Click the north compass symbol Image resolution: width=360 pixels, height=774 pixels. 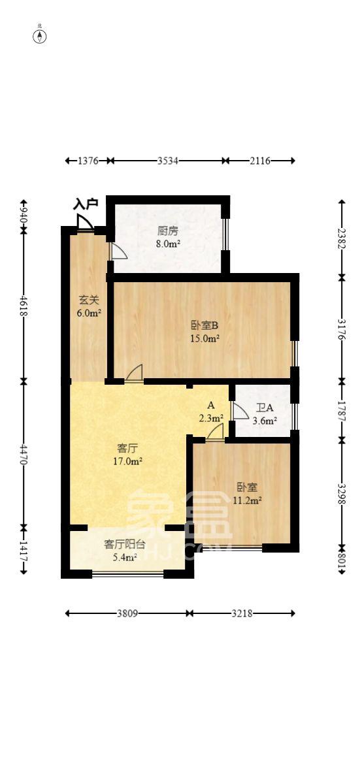(41, 35)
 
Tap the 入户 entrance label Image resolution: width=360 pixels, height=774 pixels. (86, 204)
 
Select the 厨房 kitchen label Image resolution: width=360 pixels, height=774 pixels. (168, 231)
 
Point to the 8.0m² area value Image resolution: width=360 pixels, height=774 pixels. (168, 244)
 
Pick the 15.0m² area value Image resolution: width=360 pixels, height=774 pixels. (205, 338)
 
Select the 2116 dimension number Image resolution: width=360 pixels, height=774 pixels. (260, 161)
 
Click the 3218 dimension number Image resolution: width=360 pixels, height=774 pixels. (241, 614)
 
